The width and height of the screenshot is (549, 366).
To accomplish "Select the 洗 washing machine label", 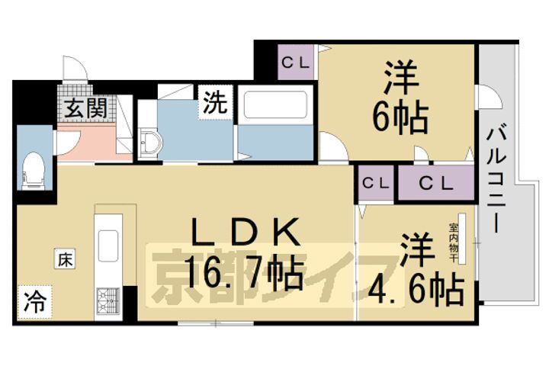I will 214,104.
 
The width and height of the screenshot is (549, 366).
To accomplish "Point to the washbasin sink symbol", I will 150,142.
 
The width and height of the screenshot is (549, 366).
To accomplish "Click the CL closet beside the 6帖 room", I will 297,63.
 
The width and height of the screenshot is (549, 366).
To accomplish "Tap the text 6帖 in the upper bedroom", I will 400,117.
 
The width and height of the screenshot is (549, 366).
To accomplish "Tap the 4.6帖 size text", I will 417,288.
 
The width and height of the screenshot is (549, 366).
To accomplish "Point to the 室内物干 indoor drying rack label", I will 454,242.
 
